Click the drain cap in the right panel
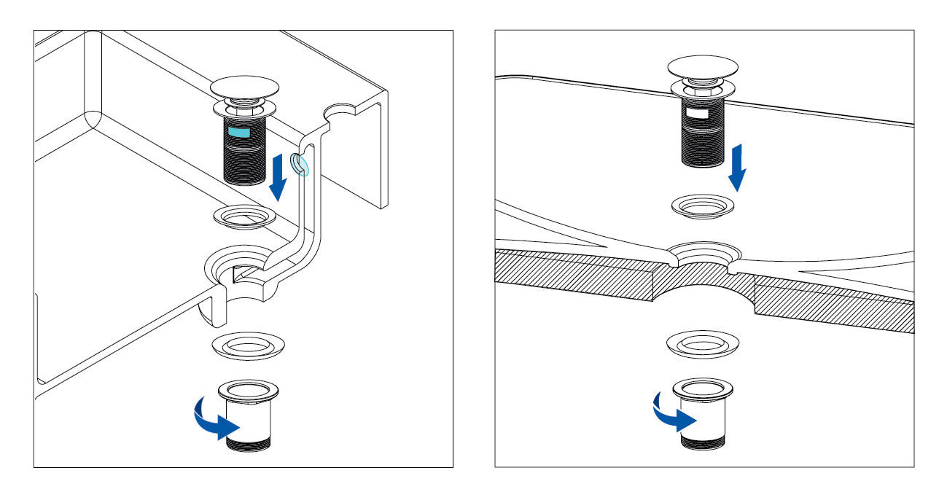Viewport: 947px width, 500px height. click(702, 68)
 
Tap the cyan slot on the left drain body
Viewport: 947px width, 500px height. click(240, 131)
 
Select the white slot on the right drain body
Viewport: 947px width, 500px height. click(697, 113)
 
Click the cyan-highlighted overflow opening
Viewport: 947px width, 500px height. click(300, 165)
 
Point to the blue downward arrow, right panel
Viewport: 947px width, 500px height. click(738, 167)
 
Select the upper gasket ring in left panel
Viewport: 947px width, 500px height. click(245, 215)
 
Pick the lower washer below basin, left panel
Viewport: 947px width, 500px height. click(248, 344)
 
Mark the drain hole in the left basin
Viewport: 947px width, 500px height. click(241, 270)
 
